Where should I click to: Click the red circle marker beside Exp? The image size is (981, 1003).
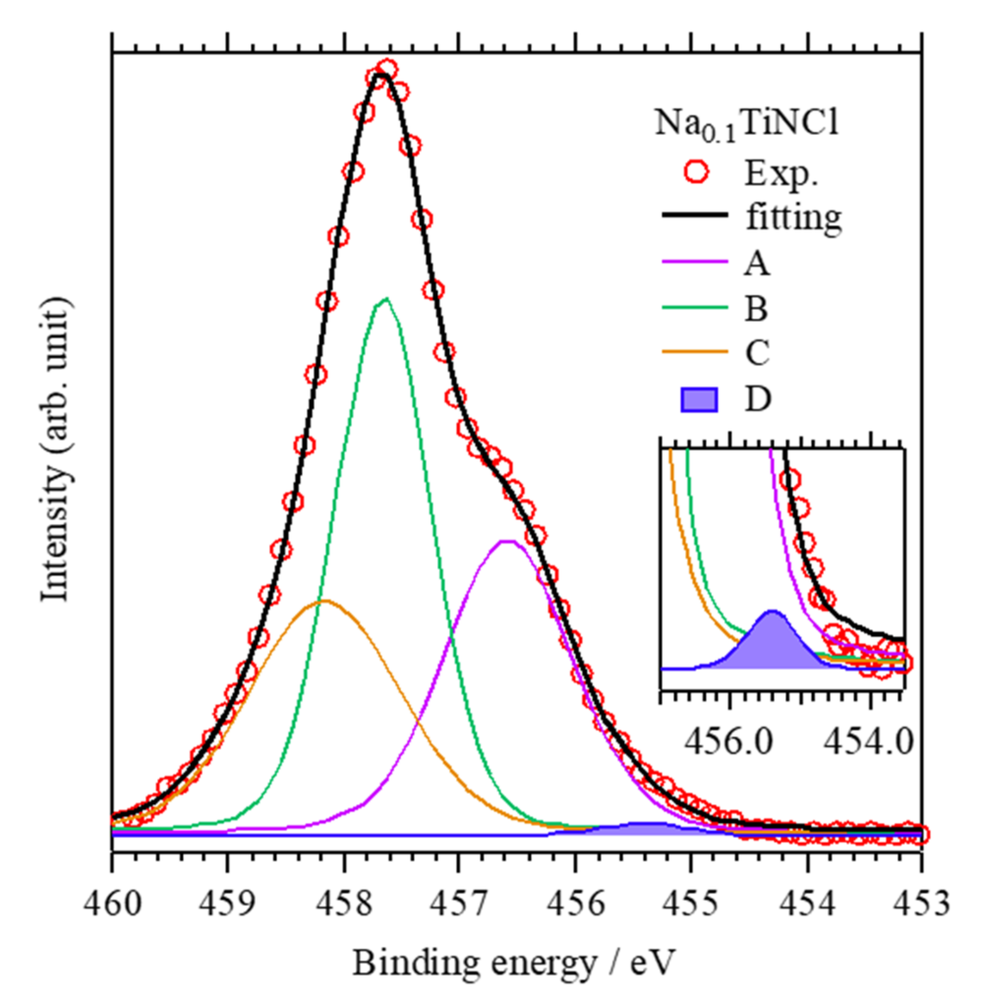pos(697,173)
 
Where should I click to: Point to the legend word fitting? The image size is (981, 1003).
pos(794,218)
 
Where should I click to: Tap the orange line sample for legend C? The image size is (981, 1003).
pos(694,352)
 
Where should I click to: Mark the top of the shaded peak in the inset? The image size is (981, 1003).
pos(771,612)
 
